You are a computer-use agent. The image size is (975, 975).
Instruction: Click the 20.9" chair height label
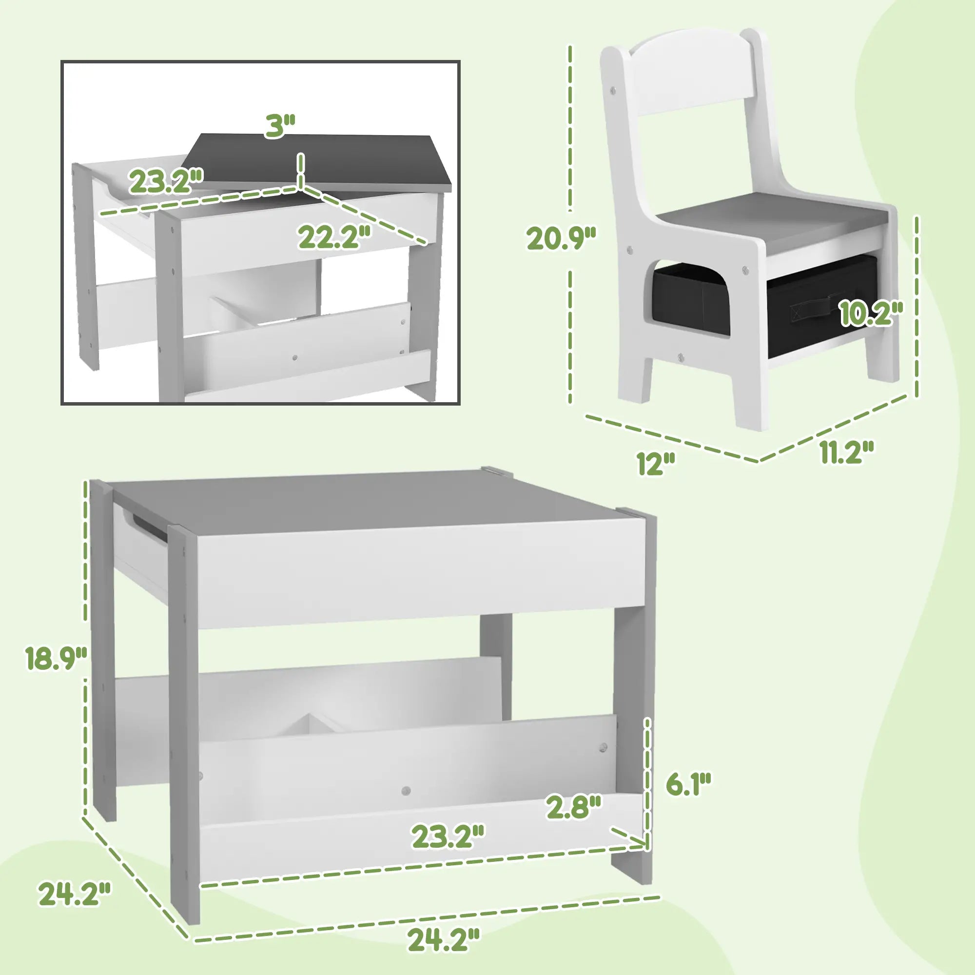click(x=561, y=238)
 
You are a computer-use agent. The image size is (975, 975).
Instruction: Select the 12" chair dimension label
click(x=656, y=463)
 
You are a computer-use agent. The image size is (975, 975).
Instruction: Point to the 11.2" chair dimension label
click(x=846, y=452)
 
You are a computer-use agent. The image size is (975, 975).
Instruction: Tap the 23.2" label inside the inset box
click(x=166, y=182)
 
